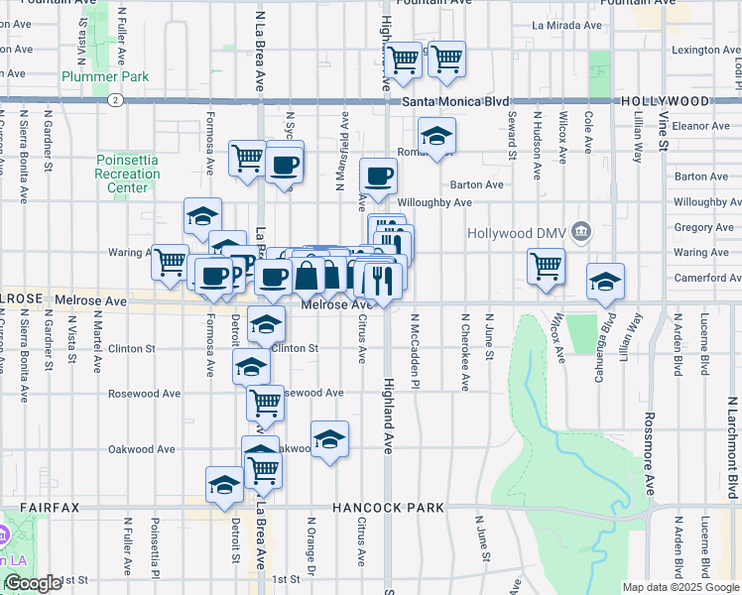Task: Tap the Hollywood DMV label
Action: point(519,233)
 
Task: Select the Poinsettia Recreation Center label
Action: point(128,174)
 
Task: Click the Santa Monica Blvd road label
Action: point(456,101)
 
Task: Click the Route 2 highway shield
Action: point(116,100)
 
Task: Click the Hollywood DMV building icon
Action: point(581,233)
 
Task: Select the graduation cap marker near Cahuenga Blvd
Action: point(605,282)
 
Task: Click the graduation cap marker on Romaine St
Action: point(435,137)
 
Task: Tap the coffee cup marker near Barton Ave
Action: point(378,178)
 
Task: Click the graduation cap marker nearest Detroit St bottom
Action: point(224,486)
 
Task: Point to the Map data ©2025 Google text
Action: point(680,587)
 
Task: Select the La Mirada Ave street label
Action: point(566,25)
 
